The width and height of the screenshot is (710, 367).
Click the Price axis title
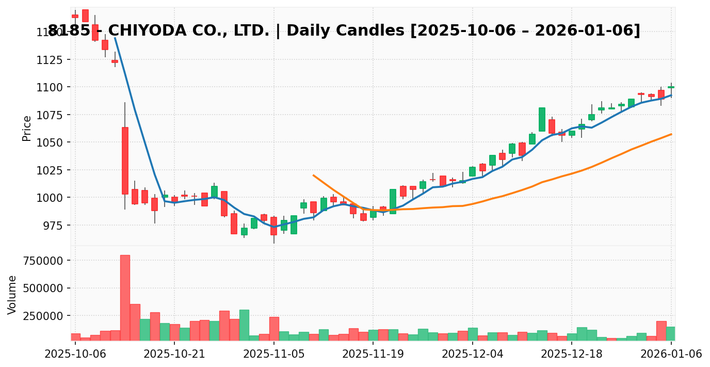tap(27, 128)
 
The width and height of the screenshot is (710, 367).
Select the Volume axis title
tap(12, 295)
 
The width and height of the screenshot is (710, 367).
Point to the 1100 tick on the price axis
tap(50, 87)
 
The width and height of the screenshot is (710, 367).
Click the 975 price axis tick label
tap(53, 226)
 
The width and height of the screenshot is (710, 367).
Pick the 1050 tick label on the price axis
tap(50, 142)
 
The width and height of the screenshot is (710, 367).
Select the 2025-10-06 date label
tap(75, 354)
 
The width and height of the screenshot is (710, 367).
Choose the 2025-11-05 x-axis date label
tap(274, 354)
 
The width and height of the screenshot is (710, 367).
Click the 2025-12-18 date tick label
tap(572, 354)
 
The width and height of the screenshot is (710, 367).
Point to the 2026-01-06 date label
tap(671, 354)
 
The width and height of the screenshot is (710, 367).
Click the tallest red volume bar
tap(125, 297)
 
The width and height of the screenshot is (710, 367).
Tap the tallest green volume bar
tap(244, 325)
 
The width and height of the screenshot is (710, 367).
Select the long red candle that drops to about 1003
tap(125, 161)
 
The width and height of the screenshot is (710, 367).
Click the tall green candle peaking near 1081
tap(542, 119)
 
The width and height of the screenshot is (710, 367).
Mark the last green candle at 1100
tap(671, 87)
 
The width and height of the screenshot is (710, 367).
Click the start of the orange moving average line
tap(313, 175)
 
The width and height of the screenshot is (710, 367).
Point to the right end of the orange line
tap(671, 134)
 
